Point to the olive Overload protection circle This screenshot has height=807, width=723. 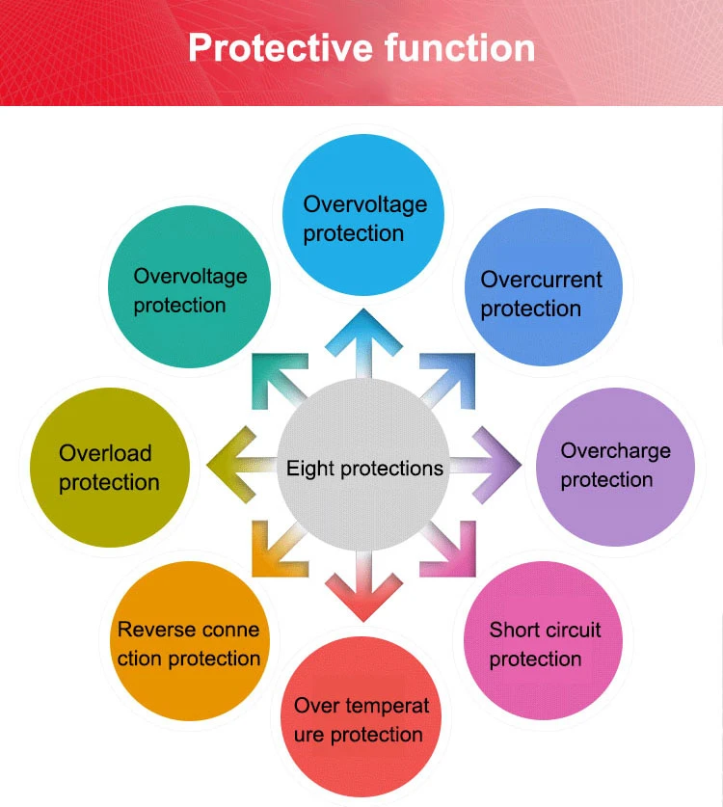[x=110, y=467]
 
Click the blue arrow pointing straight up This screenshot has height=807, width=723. [x=363, y=342]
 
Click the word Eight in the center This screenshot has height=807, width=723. [x=307, y=469]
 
